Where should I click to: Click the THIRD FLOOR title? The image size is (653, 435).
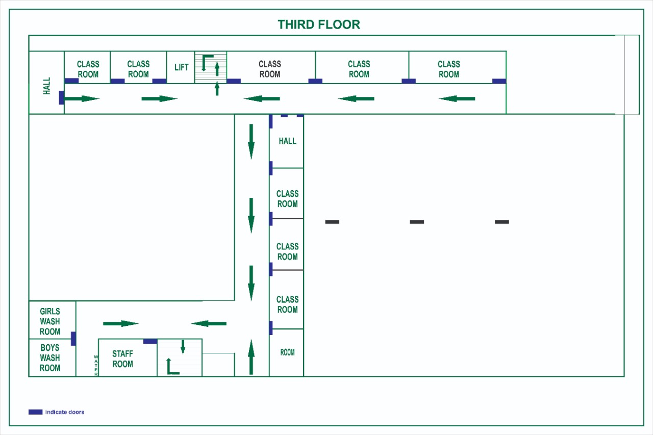pos(319,24)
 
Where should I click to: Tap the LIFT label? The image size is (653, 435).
pos(182,67)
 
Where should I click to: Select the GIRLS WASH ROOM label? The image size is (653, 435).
pos(50,321)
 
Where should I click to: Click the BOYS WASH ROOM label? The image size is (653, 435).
pos(50,358)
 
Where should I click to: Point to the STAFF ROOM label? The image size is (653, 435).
pos(122,359)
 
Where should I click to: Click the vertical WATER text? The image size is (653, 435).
pos(96,366)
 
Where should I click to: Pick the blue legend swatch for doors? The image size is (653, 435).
pos(35,412)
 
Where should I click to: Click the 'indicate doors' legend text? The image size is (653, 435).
pos(65,412)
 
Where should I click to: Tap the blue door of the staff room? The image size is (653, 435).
pos(150,341)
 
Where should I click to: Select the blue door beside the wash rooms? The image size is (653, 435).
pos(73,338)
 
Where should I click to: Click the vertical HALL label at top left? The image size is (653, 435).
pos(47,86)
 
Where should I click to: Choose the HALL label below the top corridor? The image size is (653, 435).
pos(287,141)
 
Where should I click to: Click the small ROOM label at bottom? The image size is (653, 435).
pos(287,352)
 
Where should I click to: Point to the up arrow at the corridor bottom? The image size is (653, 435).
pos(251,357)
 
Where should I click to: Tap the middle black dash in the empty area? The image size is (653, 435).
pos(417,222)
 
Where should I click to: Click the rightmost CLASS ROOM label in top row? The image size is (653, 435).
pos(448,69)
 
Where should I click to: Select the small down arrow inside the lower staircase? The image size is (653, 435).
pos(183,347)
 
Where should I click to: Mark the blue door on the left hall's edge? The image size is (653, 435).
pos(62,97)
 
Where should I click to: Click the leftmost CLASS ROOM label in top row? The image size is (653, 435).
pos(88,69)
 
